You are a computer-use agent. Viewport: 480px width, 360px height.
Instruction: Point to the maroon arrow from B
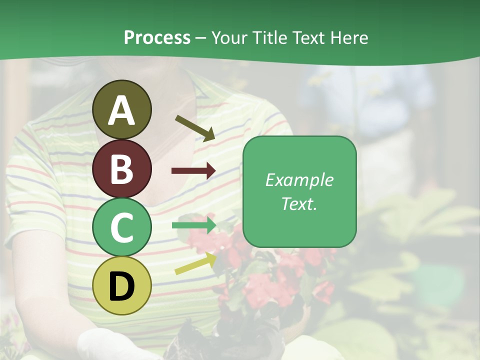[193, 171]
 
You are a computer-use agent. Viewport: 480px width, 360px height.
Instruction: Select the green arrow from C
[193, 225]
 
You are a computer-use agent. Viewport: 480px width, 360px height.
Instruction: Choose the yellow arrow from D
[195, 264]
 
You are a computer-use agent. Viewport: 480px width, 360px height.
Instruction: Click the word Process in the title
[157, 37]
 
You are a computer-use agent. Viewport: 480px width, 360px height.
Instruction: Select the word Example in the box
[299, 180]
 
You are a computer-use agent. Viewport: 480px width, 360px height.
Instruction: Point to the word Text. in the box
[299, 203]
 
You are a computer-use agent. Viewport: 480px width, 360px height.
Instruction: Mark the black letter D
[122, 286]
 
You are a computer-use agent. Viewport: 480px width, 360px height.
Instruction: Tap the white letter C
[122, 227]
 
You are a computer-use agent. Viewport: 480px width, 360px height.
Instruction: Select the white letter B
[122, 169]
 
